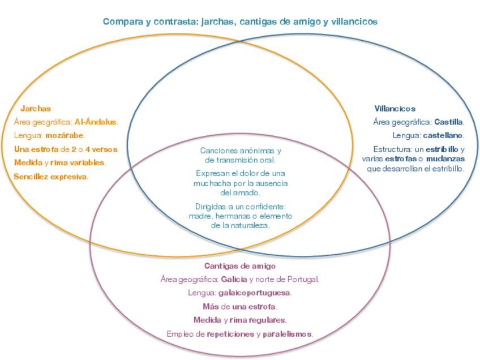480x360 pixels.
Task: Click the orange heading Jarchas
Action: click(36, 109)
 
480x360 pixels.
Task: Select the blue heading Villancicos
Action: click(395, 109)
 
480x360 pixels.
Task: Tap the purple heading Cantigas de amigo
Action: click(240, 266)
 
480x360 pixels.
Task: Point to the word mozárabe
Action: click(65, 136)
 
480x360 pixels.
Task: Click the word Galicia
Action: click(234, 280)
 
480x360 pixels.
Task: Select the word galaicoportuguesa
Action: click(254, 293)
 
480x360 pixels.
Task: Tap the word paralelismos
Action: click(287, 334)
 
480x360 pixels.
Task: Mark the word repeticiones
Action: click(230, 334)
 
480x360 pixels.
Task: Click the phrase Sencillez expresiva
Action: click(50, 177)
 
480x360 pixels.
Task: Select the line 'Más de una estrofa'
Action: click(240, 307)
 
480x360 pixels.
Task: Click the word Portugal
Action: click(303, 280)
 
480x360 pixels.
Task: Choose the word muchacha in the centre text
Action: click(211, 183)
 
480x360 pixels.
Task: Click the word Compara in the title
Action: click(123, 22)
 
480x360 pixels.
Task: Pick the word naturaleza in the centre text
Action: click(248, 225)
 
